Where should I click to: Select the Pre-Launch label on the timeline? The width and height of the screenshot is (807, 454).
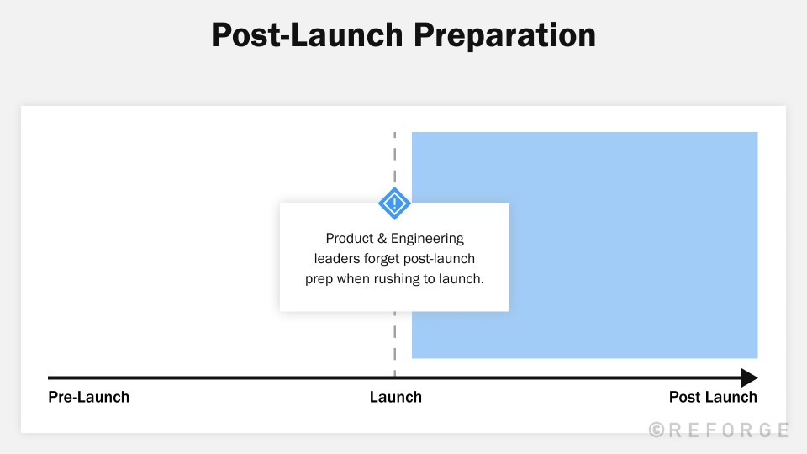88,397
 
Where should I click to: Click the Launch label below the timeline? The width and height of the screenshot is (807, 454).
395,397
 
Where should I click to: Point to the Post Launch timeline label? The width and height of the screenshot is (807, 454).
713,397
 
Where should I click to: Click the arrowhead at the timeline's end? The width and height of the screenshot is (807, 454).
748,378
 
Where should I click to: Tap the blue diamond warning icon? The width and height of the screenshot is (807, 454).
394,203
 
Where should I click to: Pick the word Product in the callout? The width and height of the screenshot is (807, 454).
349,239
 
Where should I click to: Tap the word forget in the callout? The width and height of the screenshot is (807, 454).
384,259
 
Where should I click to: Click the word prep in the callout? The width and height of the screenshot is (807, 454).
319,279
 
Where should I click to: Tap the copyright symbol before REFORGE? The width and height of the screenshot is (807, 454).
657,430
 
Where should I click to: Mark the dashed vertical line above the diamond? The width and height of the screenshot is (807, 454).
394,160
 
